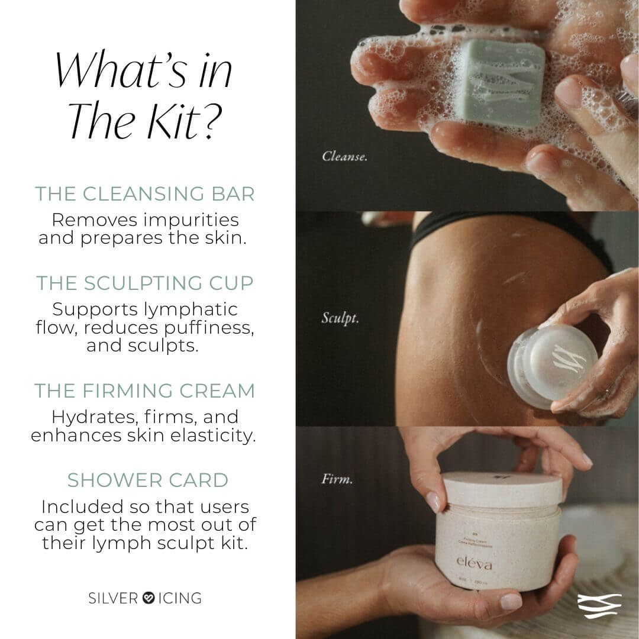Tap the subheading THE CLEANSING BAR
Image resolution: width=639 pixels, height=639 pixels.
[145, 194]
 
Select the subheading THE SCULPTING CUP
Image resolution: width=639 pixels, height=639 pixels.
[145, 283]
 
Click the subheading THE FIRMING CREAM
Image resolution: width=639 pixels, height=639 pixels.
[145, 391]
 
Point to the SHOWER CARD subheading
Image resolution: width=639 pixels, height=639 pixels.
[147, 480]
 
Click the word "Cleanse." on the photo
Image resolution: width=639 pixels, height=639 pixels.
[344, 157]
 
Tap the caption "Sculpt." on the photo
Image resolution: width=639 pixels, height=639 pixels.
[340, 318]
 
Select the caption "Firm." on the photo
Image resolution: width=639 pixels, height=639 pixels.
[337, 479]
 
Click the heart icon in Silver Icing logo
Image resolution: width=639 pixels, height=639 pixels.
[149, 598]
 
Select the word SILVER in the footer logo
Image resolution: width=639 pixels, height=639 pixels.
[113, 598]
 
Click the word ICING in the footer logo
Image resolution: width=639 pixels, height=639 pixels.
[180, 598]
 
